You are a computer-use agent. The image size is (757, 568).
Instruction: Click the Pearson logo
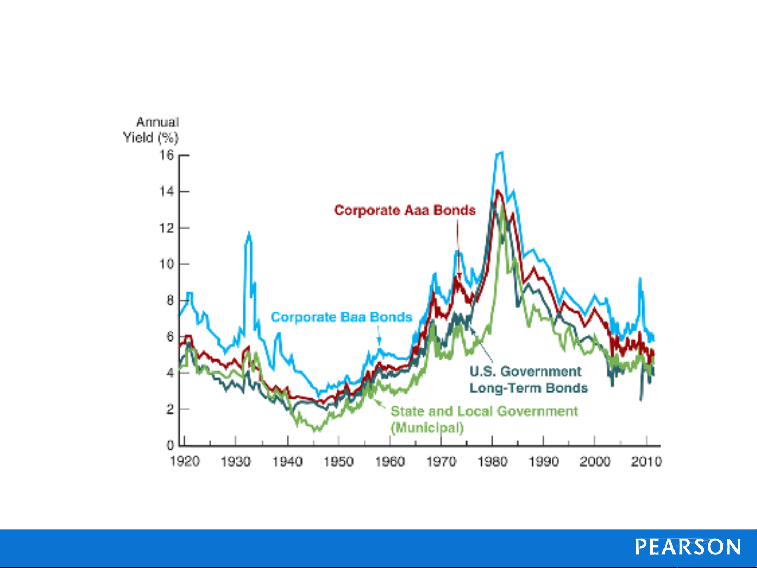click(x=688, y=546)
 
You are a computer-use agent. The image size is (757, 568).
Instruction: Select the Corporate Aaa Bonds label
click(x=405, y=211)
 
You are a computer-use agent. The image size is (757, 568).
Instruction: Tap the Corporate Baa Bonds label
click(x=341, y=317)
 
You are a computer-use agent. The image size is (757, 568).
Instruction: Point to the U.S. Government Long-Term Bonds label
click(x=527, y=379)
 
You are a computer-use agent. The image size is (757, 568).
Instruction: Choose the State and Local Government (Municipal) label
click(x=484, y=419)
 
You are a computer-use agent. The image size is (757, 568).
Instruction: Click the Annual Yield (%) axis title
click(x=151, y=130)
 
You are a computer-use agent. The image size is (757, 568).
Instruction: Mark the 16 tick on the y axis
click(x=167, y=156)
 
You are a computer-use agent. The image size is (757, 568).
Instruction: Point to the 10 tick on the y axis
click(x=167, y=264)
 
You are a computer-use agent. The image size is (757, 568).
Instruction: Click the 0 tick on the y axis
click(x=170, y=446)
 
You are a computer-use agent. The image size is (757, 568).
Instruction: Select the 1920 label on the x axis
click(x=185, y=462)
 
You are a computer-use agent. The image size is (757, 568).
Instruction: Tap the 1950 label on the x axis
click(x=338, y=462)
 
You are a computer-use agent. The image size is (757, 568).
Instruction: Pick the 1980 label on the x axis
click(x=492, y=462)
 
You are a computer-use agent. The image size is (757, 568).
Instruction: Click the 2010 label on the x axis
click(x=646, y=462)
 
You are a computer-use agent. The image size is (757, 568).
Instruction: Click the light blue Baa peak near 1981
click(x=500, y=153)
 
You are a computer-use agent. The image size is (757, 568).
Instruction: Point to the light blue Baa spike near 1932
click(x=248, y=233)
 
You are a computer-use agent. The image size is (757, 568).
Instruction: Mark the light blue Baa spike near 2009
click(x=640, y=278)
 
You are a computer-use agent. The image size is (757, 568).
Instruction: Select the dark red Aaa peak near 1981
click(x=497, y=191)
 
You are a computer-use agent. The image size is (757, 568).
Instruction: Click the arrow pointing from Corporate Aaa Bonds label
click(x=458, y=247)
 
